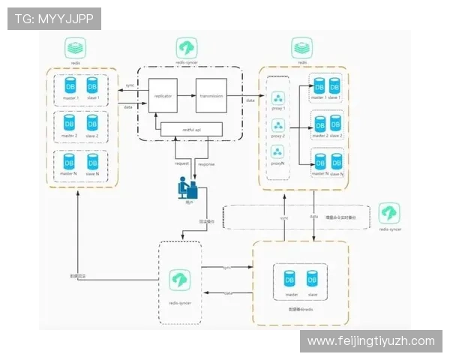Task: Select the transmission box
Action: [x=211, y=95]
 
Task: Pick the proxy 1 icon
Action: [x=278, y=100]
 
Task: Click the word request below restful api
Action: [x=181, y=163]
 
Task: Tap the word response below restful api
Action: [x=207, y=163]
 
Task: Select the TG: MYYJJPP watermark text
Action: [x=55, y=19]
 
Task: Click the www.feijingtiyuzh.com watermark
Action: [x=371, y=341]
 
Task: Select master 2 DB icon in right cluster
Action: [x=319, y=124]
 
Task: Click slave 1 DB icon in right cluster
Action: [x=334, y=86]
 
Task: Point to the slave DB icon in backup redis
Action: [x=313, y=280]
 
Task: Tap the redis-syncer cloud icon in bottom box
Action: [x=180, y=280]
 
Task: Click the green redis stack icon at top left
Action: [x=75, y=49]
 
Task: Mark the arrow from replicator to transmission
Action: [x=185, y=95]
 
